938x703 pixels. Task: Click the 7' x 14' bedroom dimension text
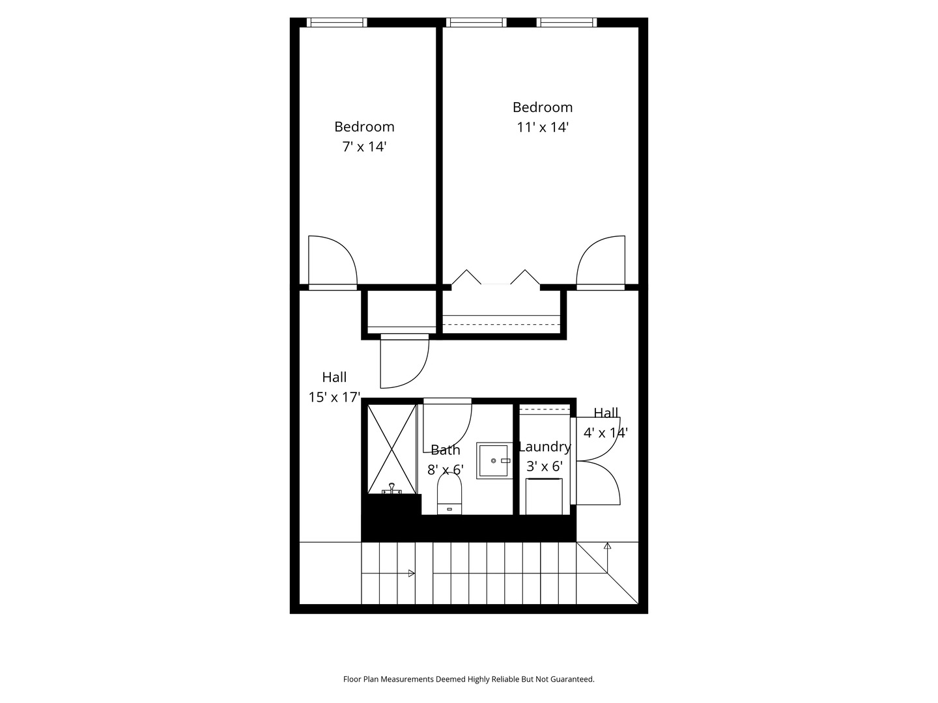click(x=364, y=147)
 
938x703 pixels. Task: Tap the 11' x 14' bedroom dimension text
click(x=543, y=127)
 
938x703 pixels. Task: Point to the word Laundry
click(x=545, y=447)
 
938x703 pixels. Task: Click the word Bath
click(x=446, y=450)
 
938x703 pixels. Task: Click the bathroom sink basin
click(x=493, y=461)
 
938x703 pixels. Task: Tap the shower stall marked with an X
click(x=392, y=449)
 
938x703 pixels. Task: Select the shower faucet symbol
click(x=391, y=489)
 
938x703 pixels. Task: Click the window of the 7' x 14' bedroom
click(x=337, y=23)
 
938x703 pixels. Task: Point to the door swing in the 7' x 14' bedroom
click(x=332, y=260)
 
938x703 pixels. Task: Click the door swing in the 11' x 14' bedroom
click(x=601, y=260)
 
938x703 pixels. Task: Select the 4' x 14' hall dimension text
click(x=606, y=433)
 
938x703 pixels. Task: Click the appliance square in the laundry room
click(x=544, y=497)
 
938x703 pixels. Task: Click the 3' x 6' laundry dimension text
click(x=545, y=466)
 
